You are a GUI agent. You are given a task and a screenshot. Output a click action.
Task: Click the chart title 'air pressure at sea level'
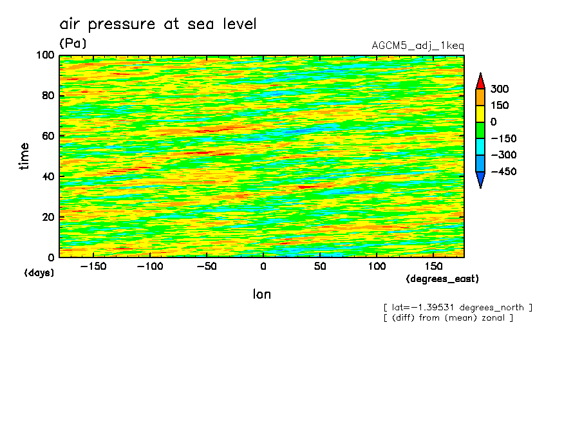[158, 24]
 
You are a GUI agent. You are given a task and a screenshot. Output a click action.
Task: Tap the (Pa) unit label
[73, 44]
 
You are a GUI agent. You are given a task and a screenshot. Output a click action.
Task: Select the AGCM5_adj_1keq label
[417, 46]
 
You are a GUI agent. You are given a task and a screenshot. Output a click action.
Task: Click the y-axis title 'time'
[24, 156]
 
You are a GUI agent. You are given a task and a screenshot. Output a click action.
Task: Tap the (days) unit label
[39, 273]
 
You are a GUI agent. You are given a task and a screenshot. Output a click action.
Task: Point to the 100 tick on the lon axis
[377, 266]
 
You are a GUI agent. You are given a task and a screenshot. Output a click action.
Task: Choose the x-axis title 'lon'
[261, 294]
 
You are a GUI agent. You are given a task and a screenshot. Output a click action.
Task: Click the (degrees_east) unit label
[442, 279]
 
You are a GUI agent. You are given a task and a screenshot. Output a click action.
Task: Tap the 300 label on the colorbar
[499, 89]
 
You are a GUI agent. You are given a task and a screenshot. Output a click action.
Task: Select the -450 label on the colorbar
[503, 172]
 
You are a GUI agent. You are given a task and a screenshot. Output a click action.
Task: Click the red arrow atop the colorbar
[480, 81]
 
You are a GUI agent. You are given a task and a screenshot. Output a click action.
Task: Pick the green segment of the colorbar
[480, 130]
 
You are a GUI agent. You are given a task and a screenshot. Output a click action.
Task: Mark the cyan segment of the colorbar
[480, 147]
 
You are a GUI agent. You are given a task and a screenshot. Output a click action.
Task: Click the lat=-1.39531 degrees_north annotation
[458, 307]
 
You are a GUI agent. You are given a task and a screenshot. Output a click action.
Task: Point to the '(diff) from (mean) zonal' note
[448, 318]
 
